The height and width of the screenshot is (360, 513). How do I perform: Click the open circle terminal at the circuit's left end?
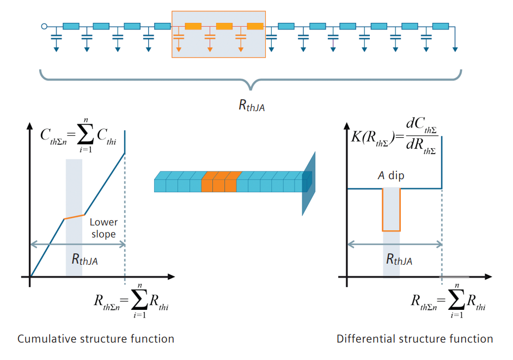pyautogui.click(x=44, y=26)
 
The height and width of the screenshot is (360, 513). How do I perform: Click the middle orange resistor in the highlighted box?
pyautogui.click(x=224, y=26)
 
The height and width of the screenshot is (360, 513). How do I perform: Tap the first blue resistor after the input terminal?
pyautogui.click(x=71, y=26)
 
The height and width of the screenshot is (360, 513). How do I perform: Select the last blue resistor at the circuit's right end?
pyautogui.click(x=440, y=26)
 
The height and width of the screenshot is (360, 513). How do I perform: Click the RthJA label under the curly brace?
pyautogui.click(x=251, y=105)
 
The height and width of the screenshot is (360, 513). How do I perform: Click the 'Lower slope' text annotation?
pyautogui.click(x=103, y=228)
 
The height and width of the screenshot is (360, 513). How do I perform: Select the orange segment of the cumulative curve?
pyautogui.click(x=75, y=217)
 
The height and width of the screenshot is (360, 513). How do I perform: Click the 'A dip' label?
pyautogui.click(x=391, y=176)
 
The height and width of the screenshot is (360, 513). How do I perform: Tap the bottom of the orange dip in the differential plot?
pyautogui.click(x=392, y=230)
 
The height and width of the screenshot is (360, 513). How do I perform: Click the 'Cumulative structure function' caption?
pyautogui.click(x=96, y=339)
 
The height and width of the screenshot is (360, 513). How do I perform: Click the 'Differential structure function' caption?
pyautogui.click(x=414, y=339)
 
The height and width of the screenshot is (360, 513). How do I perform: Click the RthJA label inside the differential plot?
pyautogui.click(x=399, y=260)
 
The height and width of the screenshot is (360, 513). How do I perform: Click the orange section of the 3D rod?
pyautogui.click(x=221, y=181)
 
